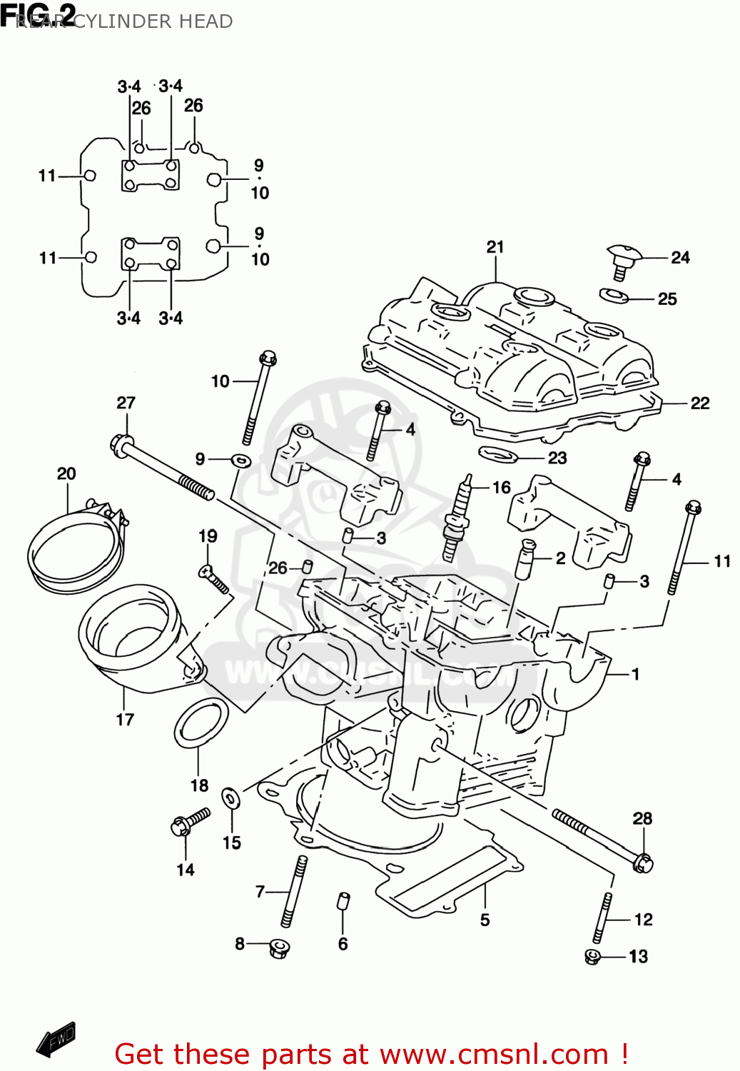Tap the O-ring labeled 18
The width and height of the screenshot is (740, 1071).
point(201,724)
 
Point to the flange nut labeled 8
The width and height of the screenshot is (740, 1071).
point(279,949)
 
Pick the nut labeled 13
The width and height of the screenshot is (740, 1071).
point(592,957)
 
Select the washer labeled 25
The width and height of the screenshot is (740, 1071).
point(614,295)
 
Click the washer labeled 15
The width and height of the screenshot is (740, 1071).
point(231,798)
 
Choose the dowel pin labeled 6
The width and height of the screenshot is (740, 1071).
point(343,901)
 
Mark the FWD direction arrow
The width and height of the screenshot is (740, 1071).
point(56,1040)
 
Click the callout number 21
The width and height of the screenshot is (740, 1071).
point(495,247)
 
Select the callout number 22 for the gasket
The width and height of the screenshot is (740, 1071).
point(700,403)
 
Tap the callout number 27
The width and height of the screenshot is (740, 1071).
point(126,403)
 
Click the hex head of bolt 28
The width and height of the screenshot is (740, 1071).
point(642,863)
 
